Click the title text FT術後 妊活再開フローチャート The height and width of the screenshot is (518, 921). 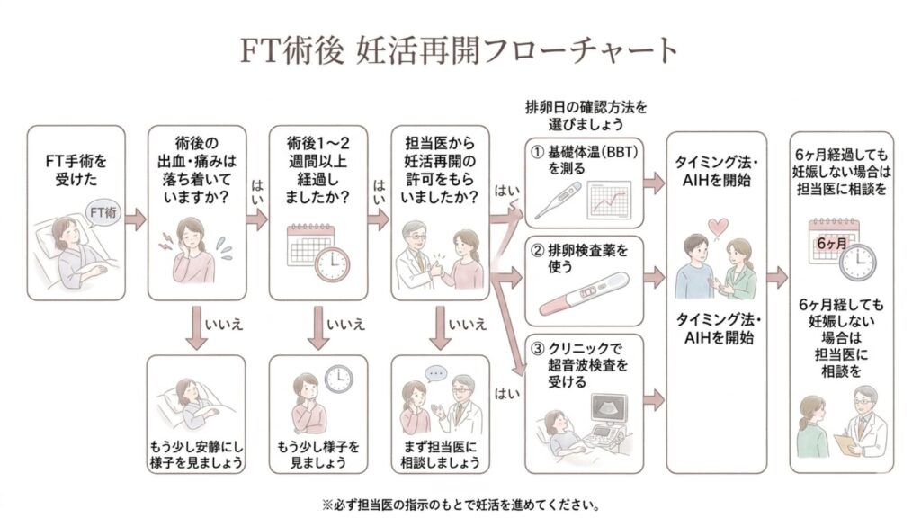coord(460,49)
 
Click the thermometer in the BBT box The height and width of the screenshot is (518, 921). coord(558,201)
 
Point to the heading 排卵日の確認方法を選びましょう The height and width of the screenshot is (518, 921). coord(586,114)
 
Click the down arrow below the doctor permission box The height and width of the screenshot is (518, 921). coord(441,332)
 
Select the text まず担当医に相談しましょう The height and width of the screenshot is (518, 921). coord(441,454)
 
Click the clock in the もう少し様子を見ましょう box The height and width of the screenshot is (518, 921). coord(338,378)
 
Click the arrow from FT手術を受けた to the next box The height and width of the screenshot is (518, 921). coord(134,218)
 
